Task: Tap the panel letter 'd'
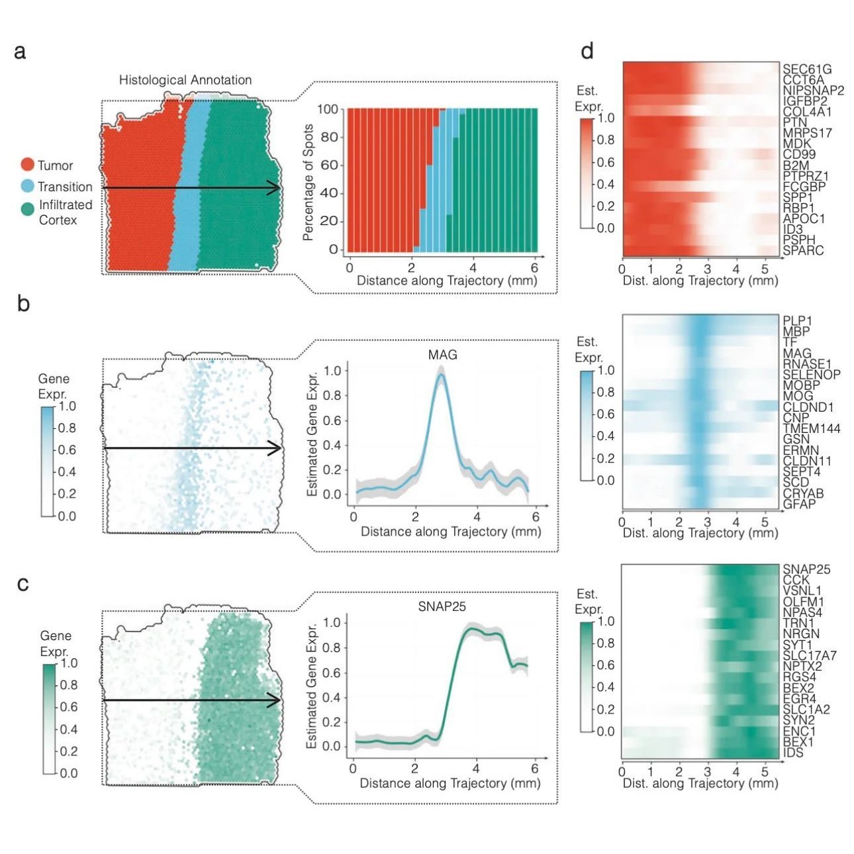tap(587, 52)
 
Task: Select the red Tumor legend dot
tap(27, 165)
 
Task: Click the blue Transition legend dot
tap(27, 186)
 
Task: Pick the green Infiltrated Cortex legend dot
tap(27, 209)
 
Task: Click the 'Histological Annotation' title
tap(185, 80)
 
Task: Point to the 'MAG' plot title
tap(442, 355)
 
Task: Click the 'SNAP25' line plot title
tap(442, 606)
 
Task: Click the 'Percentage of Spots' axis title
tap(308, 182)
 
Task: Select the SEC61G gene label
tap(806, 69)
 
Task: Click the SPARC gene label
tap(803, 250)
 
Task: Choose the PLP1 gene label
tap(797, 321)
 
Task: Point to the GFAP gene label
tap(799, 504)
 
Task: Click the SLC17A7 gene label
tap(809, 655)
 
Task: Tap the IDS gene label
tap(792, 752)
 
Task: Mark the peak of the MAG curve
tap(441, 375)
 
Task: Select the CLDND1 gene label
tap(808, 407)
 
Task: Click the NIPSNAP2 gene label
tap(813, 90)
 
